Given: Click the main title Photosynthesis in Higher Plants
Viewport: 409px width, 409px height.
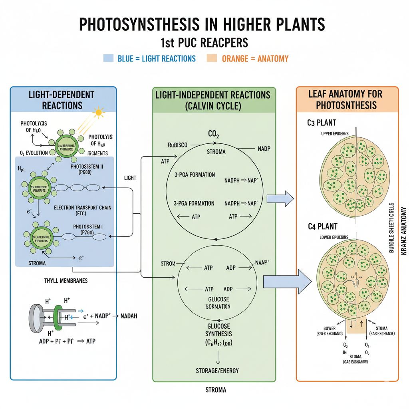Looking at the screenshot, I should [x=202, y=24].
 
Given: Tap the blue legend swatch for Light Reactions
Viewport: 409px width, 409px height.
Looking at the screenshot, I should [x=109, y=58].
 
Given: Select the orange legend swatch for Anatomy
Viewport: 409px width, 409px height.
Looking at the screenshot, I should [x=212, y=58].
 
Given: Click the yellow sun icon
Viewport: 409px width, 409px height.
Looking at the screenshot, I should [x=98, y=113].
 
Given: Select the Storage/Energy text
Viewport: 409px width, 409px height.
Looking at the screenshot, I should [x=217, y=370].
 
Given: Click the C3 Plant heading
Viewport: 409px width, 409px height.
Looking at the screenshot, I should [x=322, y=123].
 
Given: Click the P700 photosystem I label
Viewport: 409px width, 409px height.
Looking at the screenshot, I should [x=88, y=230].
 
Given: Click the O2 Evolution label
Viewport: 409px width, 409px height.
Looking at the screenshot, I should [x=34, y=153].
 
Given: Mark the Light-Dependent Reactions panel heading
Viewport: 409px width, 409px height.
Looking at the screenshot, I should [x=62, y=100].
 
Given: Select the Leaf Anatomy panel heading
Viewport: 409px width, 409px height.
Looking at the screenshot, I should [x=345, y=99].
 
